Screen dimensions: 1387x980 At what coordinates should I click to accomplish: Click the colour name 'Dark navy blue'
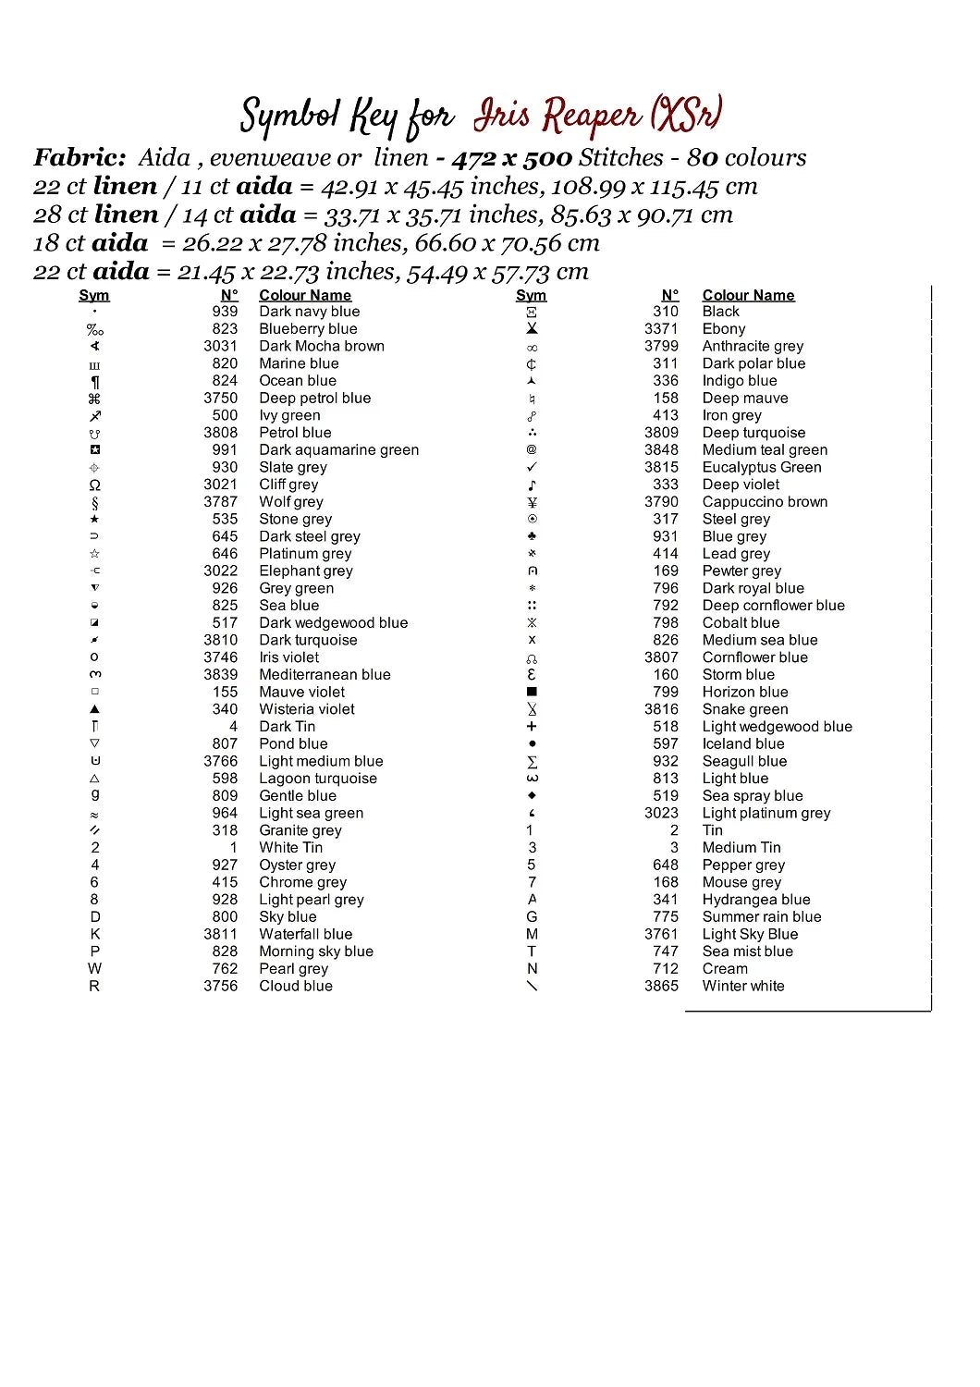point(309,312)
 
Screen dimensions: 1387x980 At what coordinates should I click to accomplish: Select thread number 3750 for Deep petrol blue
point(220,399)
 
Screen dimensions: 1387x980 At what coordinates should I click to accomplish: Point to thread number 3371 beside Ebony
point(661,329)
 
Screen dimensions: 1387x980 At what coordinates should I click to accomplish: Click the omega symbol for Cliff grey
point(94,485)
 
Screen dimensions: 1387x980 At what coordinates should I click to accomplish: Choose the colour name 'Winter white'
point(742,987)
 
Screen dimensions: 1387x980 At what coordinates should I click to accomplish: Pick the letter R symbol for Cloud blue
point(94,987)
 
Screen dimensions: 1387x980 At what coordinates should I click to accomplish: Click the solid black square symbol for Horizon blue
point(532,692)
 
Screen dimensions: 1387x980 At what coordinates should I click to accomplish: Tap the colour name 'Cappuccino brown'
point(765,502)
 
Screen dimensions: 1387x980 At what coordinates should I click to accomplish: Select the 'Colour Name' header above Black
point(748,296)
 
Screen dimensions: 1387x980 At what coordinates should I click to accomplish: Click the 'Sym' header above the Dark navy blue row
point(94,296)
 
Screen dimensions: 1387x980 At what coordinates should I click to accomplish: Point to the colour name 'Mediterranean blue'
point(325,675)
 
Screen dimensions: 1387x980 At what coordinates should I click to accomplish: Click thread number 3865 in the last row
point(661,987)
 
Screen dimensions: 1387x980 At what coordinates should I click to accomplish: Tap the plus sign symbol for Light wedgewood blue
point(532,727)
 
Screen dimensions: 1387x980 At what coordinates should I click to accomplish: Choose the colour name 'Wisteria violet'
point(307,709)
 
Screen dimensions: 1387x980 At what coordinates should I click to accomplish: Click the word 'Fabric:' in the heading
point(80,158)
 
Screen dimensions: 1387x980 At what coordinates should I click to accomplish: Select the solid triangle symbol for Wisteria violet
point(94,709)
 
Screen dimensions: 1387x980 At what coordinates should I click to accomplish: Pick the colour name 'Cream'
point(725,969)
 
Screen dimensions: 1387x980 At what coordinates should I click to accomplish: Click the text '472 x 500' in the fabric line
point(511,158)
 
